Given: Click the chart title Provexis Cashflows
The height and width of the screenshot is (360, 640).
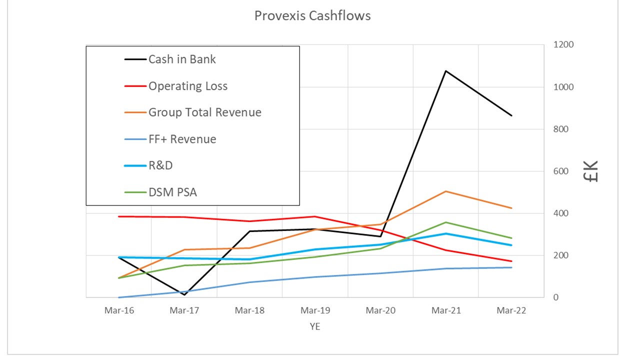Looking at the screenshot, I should [312, 16].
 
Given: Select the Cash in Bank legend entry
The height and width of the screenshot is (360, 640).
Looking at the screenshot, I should [182, 59].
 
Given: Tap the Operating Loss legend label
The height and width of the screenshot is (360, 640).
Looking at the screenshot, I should [187, 86].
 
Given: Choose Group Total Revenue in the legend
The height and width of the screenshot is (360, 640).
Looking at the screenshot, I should [204, 112].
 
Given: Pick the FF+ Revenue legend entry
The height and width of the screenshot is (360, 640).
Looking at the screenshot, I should [182, 139].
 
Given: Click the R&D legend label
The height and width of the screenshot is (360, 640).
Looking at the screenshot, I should [160, 165].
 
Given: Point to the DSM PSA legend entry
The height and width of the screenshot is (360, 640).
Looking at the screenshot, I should [172, 192].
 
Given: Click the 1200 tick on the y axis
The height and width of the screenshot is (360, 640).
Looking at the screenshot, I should [563, 45].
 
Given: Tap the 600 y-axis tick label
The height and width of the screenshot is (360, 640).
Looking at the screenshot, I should [561, 171].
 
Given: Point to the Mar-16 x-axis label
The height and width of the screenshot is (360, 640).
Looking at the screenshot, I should [119, 310].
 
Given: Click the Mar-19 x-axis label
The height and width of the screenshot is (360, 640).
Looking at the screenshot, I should [315, 310].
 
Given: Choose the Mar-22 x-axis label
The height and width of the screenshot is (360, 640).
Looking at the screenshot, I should [511, 310].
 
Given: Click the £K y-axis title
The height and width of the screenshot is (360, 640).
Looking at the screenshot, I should [591, 171].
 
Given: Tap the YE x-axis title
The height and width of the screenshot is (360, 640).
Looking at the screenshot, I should [315, 326].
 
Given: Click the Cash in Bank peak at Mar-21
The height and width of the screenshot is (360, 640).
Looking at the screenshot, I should [445, 71].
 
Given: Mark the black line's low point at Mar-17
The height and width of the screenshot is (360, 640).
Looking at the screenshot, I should [184, 295].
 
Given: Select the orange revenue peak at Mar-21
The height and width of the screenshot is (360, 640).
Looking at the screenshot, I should [445, 191].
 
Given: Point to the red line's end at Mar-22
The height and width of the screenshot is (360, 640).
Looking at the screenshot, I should [511, 261].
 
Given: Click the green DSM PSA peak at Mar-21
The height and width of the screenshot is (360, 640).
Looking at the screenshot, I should [445, 222].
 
